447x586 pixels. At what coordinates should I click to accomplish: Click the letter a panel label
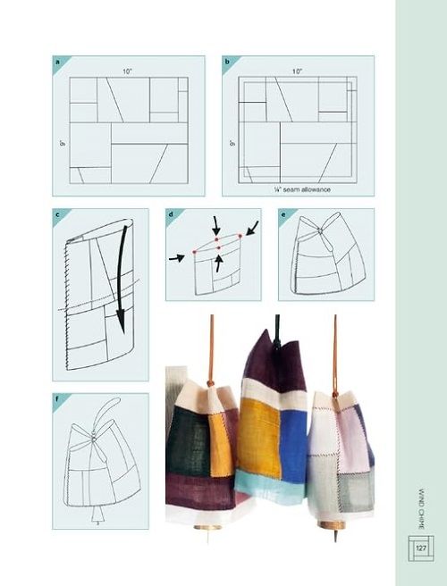pyautogui.click(x=57, y=62)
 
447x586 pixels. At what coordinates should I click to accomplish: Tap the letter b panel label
pyautogui.click(x=227, y=62)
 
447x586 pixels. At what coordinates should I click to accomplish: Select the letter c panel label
pyautogui.click(x=57, y=215)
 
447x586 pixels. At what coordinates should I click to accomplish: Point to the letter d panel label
pyautogui.click(x=171, y=215)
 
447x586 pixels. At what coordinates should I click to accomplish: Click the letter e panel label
pyautogui.click(x=283, y=215)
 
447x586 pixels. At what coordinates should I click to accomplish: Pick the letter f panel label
pyautogui.click(x=57, y=398)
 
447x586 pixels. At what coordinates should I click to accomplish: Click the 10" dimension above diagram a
pyautogui.click(x=128, y=71)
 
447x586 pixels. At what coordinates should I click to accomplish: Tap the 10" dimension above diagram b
pyautogui.click(x=298, y=71)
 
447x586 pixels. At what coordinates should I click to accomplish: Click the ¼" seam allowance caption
pyautogui.click(x=302, y=189)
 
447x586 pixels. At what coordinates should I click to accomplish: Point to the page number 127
pyautogui.click(x=421, y=548)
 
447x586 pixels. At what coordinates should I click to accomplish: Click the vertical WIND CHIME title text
pyautogui.click(x=421, y=508)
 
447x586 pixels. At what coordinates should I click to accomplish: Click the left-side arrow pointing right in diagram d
pyautogui.click(x=176, y=258)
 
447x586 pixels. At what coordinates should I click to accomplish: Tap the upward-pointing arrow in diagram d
pyautogui.click(x=219, y=264)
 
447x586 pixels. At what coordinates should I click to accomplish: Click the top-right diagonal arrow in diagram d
pyautogui.click(x=252, y=228)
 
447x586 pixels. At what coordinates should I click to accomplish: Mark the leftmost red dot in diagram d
pyautogui.click(x=195, y=252)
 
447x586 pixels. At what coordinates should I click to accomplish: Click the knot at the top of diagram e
pyautogui.click(x=320, y=231)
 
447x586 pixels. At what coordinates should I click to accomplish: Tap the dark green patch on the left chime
pyautogui.click(x=188, y=441)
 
